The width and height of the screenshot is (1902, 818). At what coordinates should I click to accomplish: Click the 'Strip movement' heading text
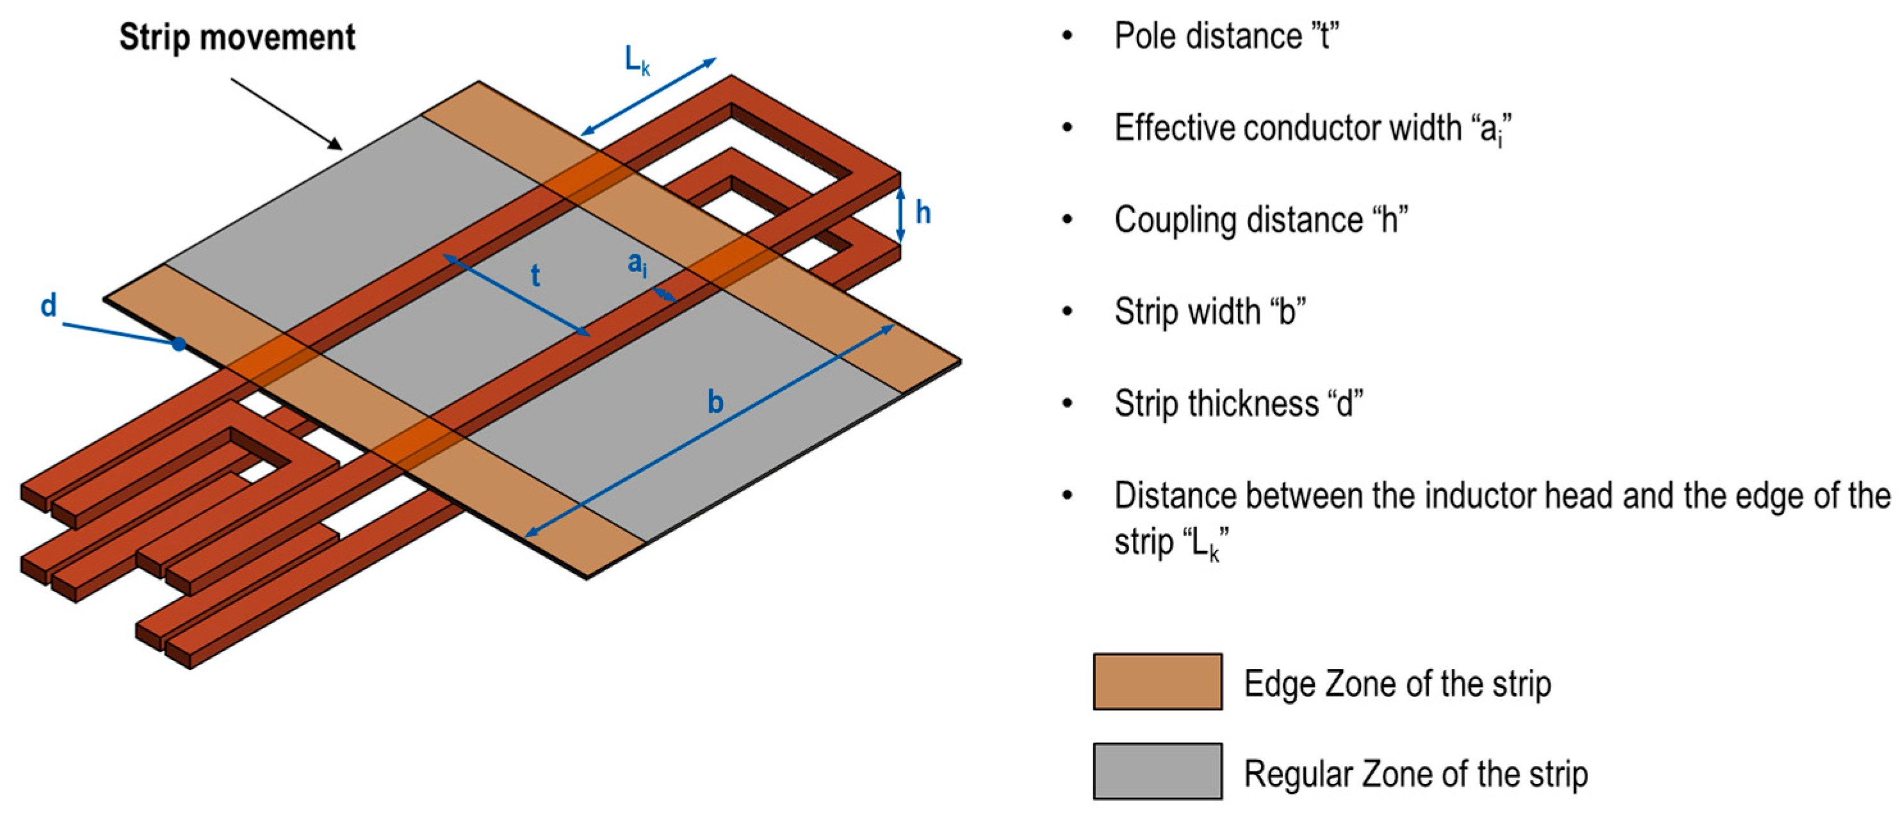pos(237,38)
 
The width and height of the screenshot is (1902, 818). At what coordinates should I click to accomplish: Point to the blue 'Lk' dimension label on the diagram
pos(637,61)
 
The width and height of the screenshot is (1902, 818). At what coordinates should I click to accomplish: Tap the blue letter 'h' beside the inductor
pos(923,213)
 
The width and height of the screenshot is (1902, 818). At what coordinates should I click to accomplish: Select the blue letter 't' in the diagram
pos(535,276)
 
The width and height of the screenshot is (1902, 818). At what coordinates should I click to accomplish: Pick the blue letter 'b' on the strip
pos(715,403)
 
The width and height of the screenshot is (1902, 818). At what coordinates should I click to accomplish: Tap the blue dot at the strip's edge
pos(179,344)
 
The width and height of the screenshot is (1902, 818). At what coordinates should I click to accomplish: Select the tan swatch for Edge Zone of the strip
pos(1157,682)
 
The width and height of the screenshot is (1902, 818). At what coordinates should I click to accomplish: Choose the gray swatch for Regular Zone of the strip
pos(1157,771)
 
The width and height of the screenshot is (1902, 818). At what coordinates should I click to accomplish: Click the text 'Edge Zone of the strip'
pos(1397,684)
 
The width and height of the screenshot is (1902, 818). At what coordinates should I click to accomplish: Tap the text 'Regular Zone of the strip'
pos(1415,774)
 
